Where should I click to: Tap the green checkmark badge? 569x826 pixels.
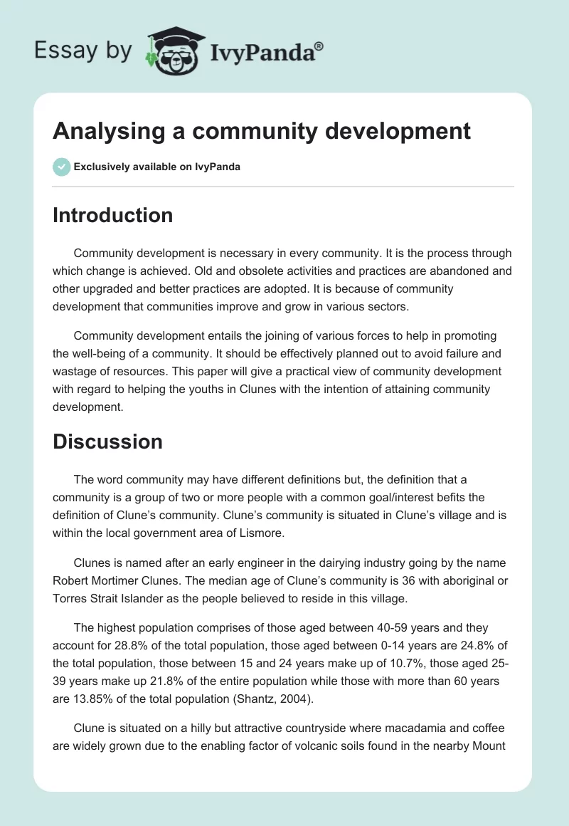click(61, 167)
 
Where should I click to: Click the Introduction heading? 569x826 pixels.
click(112, 215)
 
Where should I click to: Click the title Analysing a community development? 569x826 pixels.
click(262, 131)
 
